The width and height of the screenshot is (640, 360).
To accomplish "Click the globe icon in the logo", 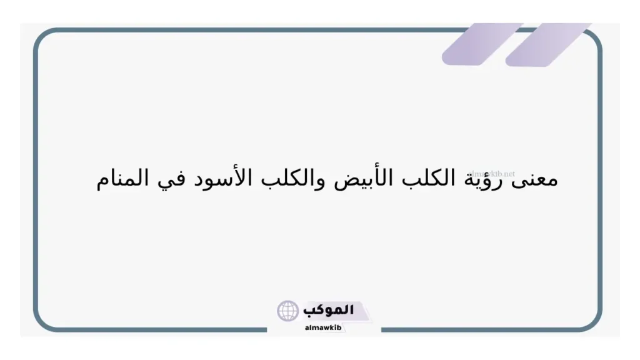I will coord(288,311).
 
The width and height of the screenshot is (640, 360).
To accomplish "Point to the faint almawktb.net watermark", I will coord(491,173).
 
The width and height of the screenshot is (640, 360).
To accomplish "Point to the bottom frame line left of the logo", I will coord(156,329).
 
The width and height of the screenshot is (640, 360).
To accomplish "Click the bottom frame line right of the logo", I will coord(487,329).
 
